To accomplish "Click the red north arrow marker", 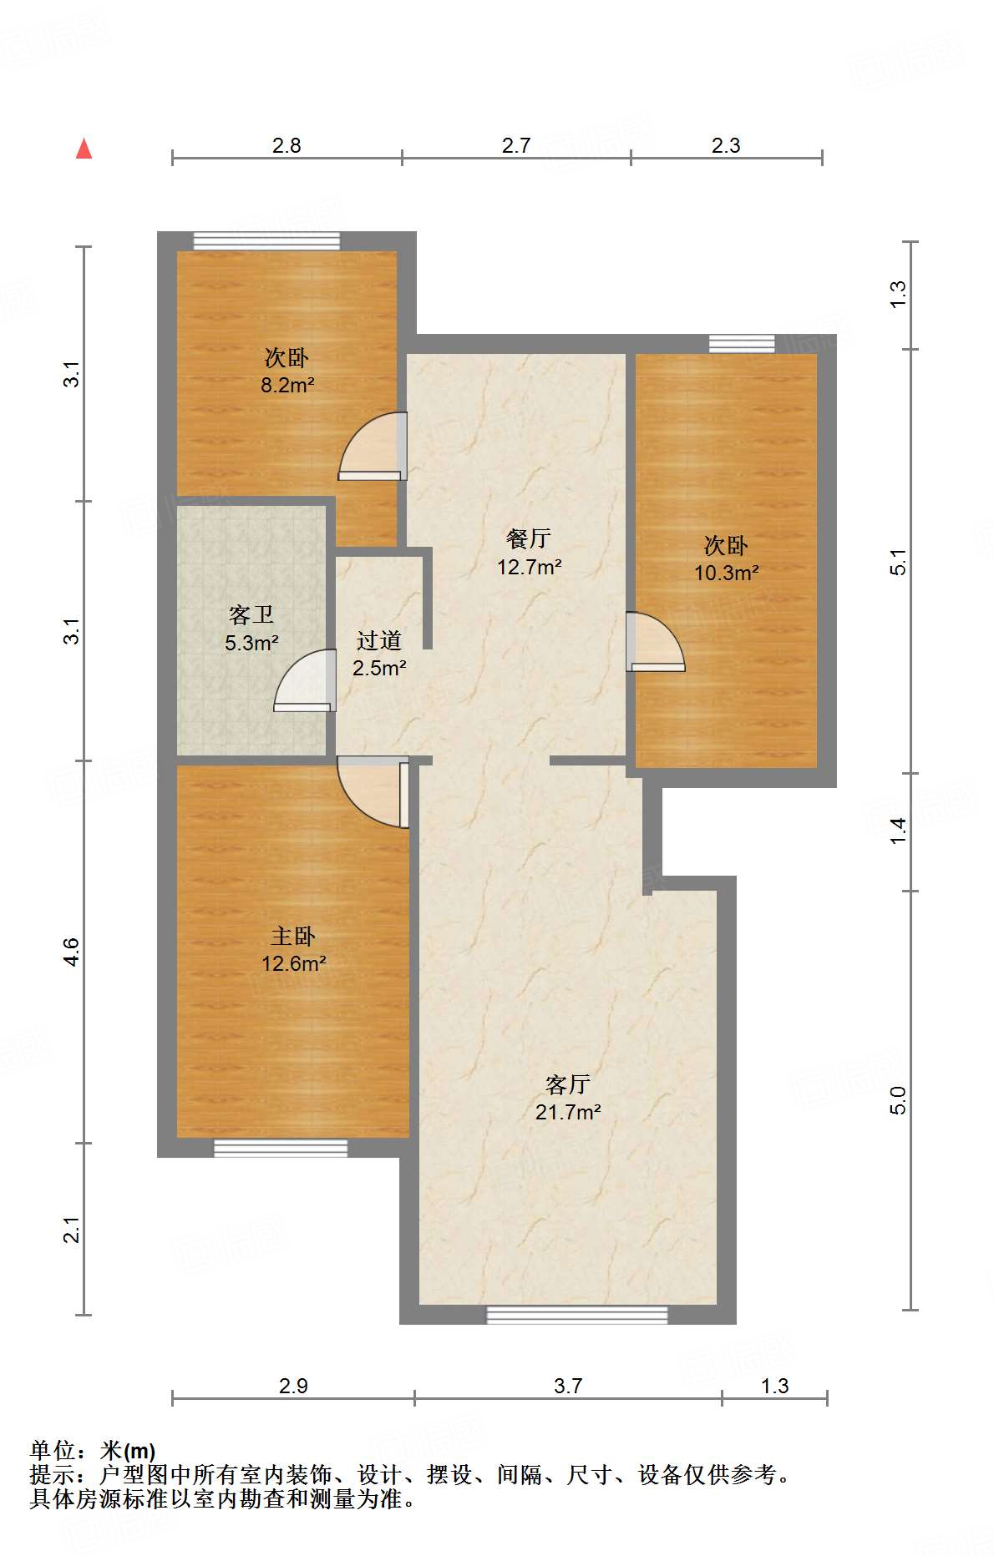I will (x=84, y=149).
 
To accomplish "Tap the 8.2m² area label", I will (x=287, y=386).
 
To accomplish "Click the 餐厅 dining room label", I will (x=528, y=539).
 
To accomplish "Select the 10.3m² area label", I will (x=726, y=573).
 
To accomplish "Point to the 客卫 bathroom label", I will (x=251, y=616).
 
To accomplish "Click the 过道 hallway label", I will (x=379, y=641).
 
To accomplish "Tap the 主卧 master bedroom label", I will (x=292, y=937).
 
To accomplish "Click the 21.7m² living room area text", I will (x=568, y=1113).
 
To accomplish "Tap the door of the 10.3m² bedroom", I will (x=656, y=644).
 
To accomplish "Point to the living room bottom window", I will (x=576, y=1315).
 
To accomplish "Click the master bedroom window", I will (x=280, y=1149).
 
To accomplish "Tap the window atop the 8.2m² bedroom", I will (x=266, y=240).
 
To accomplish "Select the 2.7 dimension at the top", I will (x=516, y=146).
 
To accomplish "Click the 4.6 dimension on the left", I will (x=72, y=952).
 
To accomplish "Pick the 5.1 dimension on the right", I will (x=898, y=562).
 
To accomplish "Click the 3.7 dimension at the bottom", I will (x=568, y=1387).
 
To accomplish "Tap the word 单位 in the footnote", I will (x=52, y=1451).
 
